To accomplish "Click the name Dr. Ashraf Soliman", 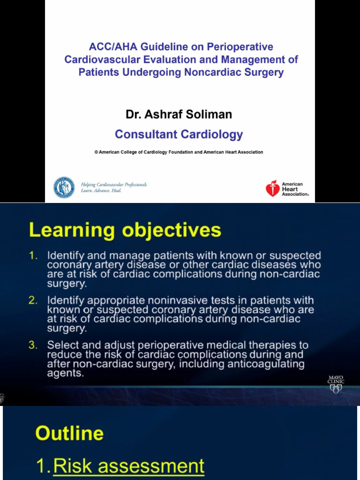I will point(179,114).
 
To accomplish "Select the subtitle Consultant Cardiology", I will point(179,135).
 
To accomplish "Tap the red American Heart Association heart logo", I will point(272,188).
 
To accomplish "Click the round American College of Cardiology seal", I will point(64,187).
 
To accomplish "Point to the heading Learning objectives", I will point(125,231).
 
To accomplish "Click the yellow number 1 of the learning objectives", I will point(33,256).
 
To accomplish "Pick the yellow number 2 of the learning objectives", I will point(33,300).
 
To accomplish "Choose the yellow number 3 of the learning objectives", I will point(33,345).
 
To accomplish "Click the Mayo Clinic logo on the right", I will point(336,384).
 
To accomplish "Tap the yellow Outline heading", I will point(69,433).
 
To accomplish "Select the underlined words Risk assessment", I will point(129,466).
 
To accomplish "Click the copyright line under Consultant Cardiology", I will point(179,152).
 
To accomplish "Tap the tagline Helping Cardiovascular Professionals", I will point(114,185).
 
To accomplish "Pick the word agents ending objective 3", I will point(65,374).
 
